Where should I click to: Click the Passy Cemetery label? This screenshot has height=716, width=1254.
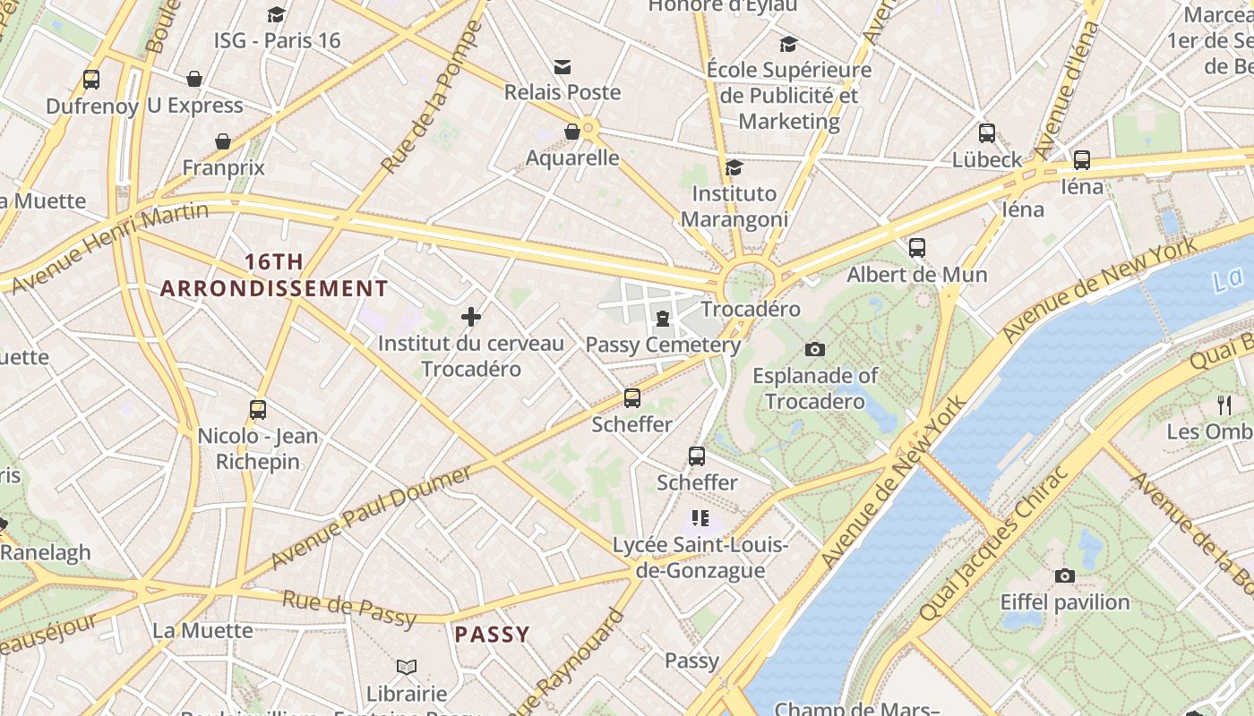663,345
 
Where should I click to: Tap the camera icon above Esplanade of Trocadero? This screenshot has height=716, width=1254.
814,349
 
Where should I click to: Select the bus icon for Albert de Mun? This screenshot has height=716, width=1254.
916,248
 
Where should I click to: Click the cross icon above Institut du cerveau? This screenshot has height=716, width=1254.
471,316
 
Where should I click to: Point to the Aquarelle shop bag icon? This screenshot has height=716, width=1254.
572,132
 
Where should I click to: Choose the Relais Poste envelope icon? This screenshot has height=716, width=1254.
563,66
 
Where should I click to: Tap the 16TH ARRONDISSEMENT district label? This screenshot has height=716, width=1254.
274,276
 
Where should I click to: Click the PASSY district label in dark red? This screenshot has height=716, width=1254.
492,635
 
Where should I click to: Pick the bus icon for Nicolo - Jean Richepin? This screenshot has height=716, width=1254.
258,410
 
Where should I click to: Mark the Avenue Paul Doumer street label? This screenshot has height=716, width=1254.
370,516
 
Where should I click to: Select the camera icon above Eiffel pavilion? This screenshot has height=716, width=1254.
1064,575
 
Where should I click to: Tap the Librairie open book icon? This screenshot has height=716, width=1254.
407,667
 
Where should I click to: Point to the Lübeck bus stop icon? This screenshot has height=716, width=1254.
986,133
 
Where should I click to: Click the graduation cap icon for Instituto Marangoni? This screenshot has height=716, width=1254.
734,167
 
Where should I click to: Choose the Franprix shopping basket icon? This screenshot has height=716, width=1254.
223,141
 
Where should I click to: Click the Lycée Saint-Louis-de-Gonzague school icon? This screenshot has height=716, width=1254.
700,517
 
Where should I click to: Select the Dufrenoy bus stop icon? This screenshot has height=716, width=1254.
90,80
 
